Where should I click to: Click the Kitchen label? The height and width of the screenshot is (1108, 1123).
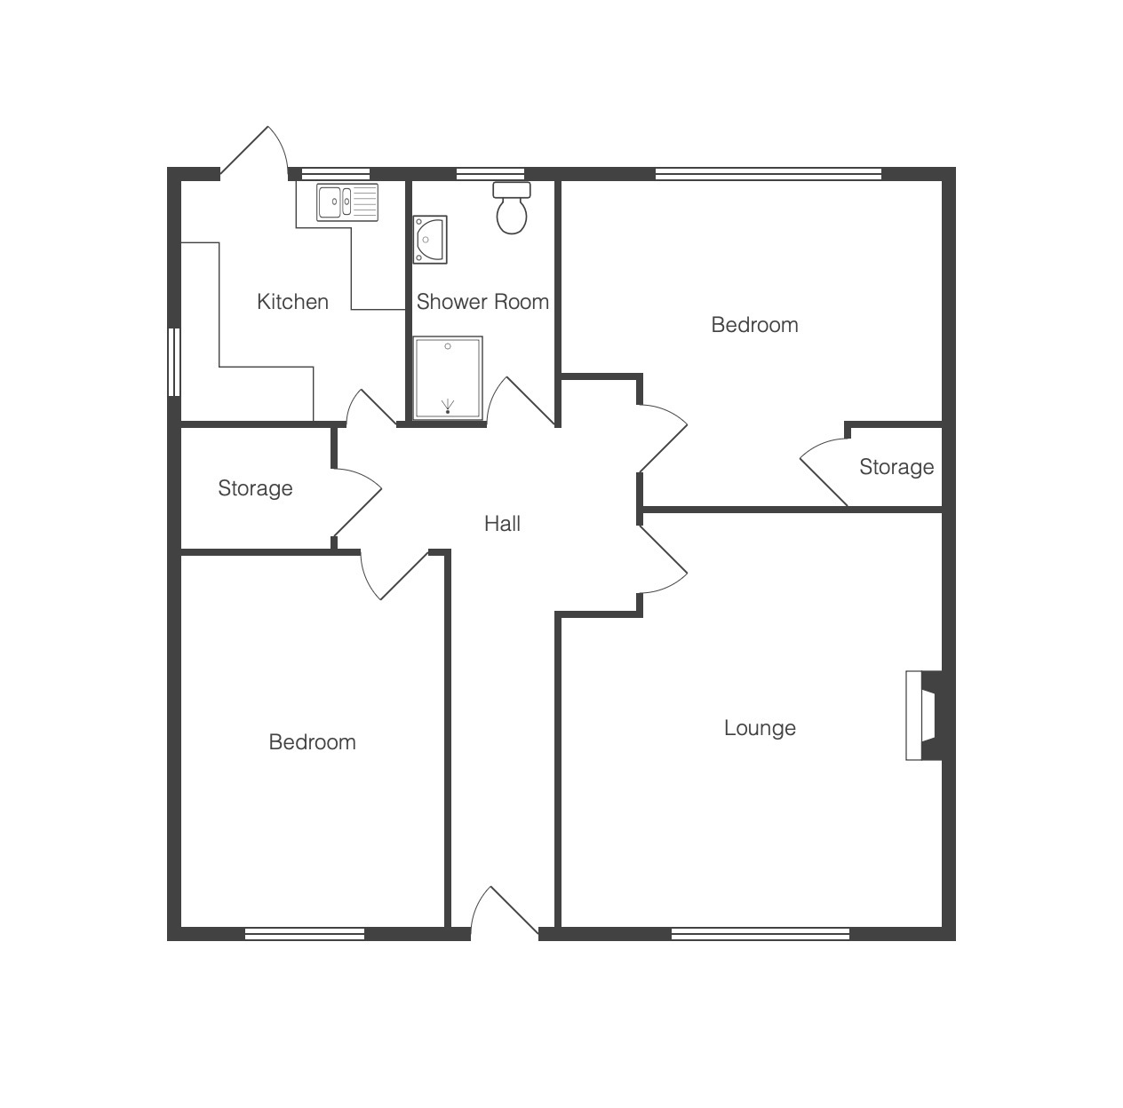tap(292, 302)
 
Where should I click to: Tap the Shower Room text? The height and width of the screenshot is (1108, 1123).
tap(482, 302)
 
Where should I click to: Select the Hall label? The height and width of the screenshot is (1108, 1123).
tap(502, 524)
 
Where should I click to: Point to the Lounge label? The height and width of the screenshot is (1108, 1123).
tap(760, 728)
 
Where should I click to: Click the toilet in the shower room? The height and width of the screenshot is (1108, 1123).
tap(512, 208)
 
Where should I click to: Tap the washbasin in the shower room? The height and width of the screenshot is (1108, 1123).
tap(430, 240)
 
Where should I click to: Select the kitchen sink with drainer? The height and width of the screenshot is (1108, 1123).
tap(347, 202)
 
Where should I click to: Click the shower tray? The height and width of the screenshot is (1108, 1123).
tap(448, 377)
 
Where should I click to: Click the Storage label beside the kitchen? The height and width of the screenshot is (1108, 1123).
tap(255, 488)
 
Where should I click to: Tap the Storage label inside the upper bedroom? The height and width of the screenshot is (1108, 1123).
tap(896, 467)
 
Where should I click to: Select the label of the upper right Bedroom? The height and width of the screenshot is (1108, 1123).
tap(754, 325)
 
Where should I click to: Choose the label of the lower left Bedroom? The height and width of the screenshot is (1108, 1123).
tap(313, 742)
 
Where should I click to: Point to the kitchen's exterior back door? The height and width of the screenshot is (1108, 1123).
tap(255, 154)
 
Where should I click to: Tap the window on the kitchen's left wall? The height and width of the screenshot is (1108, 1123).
tap(173, 362)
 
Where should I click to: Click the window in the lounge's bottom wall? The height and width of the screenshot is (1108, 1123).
tap(761, 934)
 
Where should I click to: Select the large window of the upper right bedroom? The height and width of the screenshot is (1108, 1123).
tap(769, 174)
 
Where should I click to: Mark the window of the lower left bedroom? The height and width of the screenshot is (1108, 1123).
tap(305, 934)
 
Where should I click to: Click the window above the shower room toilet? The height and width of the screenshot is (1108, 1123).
tap(490, 174)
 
